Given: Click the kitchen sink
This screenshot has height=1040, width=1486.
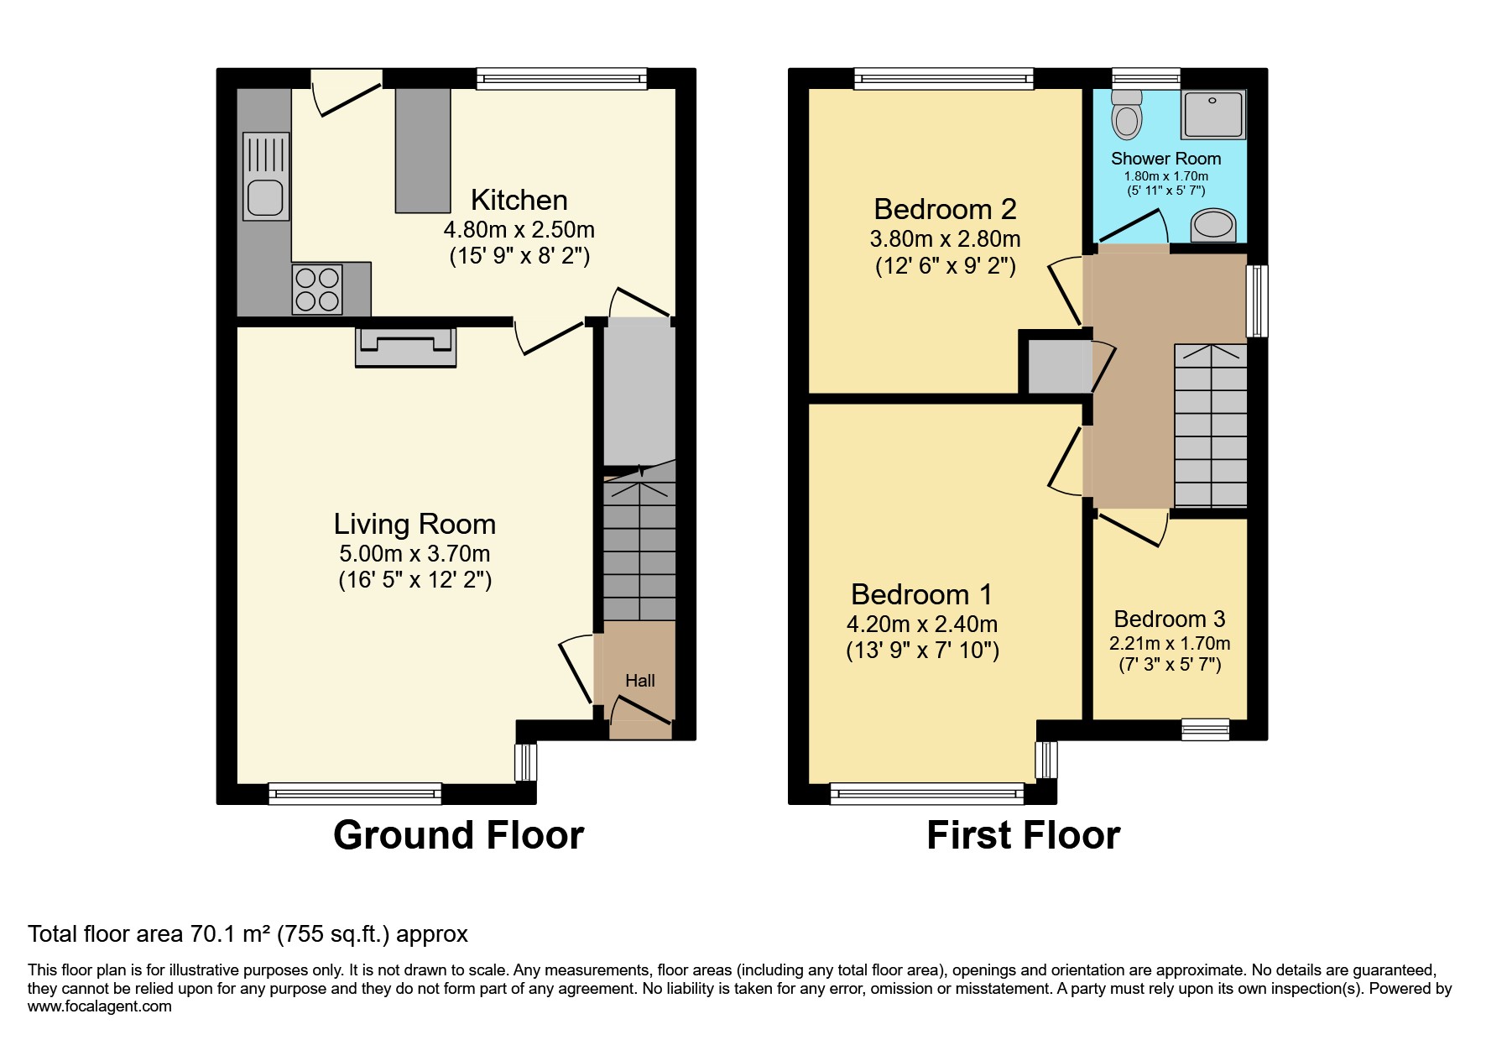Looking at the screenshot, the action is pyautogui.click(x=266, y=176).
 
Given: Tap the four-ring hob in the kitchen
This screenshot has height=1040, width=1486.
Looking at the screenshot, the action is pyautogui.click(x=317, y=290).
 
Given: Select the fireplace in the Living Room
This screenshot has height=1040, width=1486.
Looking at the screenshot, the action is pyautogui.click(x=406, y=347).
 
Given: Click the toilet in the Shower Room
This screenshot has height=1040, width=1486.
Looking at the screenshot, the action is pyautogui.click(x=1126, y=115).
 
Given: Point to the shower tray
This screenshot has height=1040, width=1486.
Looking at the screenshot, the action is pyautogui.click(x=1212, y=114).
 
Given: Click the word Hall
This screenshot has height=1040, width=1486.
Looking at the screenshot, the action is pyautogui.click(x=639, y=681).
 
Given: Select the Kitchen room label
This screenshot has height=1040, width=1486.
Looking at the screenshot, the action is pyautogui.click(x=519, y=200).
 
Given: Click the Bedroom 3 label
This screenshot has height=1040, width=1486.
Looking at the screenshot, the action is pyautogui.click(x=1170, y=619).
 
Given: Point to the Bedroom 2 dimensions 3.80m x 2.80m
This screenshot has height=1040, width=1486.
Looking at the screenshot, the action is pyautogui.click(x=945, y=238).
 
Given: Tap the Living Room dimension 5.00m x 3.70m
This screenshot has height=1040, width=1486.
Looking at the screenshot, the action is pyautogui.click(x=415, y=554).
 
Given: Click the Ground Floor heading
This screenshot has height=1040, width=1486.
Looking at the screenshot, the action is pyautogui.click(x=458, y=835).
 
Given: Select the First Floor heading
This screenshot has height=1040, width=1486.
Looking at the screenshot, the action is pyautogui.click(x=1024, y=835).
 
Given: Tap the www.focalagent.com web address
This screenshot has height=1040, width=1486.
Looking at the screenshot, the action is pyautogui.click(x=100, y=1006).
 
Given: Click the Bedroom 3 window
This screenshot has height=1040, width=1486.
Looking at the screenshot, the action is pyautogui.click(x=1206, y=729).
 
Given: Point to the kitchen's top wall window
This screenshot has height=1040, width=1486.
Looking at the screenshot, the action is pyautogui.click(x=562, y=79).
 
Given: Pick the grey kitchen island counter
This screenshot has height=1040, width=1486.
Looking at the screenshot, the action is pyautogui.click(x=423, y=150).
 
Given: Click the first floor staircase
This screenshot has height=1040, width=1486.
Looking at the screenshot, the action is pyautogui.click(x=1210, y=426).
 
